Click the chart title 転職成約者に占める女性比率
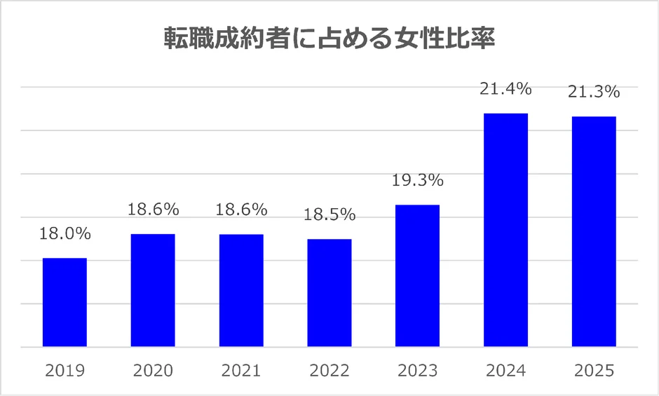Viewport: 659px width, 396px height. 329,39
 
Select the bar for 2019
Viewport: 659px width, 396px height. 64,302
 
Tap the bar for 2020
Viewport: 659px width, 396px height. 153,290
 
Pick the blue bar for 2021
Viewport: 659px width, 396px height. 241,290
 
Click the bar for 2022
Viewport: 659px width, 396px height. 329,293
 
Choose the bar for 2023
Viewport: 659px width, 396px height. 417,275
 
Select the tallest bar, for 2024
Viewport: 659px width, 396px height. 505,230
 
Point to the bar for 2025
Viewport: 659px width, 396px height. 594,231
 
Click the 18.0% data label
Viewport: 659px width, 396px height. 64,233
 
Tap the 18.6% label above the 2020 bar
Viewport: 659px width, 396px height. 153,209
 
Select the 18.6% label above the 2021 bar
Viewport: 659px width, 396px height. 241,209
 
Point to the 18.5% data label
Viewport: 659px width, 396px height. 329,214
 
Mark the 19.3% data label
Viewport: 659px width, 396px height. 417,180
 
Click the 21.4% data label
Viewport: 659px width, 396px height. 505,89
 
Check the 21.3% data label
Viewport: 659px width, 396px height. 594,92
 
